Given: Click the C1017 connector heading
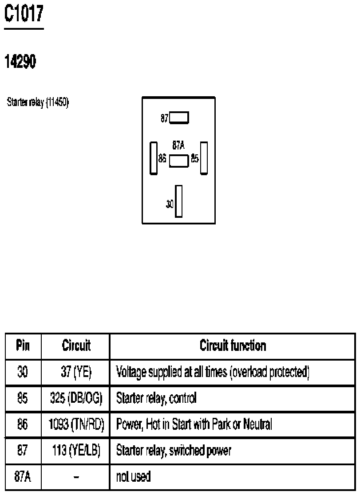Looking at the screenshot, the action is pyautogui.click(x=24, y=14).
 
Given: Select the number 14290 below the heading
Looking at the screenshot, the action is pyautogui.click(x=20, y=61).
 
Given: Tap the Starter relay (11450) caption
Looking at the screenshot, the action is pyautogui.click(x=38, y=102).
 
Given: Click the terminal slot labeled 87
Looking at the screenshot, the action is pyautogui.click(x=179, y=118).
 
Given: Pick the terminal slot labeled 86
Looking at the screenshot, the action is pyautogui.click(x=154, y=158).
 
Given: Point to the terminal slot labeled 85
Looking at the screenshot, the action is pyautogui.click(x=204, y=158).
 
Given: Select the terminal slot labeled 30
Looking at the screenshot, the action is pyautogui.click(x=179, y=201).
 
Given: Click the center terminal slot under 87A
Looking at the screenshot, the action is pyautogui.click(x=179, y=161).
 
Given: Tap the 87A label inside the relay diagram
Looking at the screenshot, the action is pyautogui.click(x=178, y=145).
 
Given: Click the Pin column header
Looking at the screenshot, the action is pyautogui.click(x=23, y=346).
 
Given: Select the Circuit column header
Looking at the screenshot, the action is pyautogui.click(x=76, y=346).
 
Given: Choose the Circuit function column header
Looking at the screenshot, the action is pyautogui.click(x=233, y=346).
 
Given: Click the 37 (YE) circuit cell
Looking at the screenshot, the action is pyautogui.click(x=76, y=372).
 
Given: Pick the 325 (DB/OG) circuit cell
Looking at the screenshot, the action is pyautogui.click(x=76, y=398).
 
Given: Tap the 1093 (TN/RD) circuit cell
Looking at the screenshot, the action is pyautogui.click(x=76, y=424).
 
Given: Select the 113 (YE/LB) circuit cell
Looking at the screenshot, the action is pyautogui.click(x=76, y=451).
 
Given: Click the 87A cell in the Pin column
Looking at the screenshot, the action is pyautogui.click(x=23, y=476).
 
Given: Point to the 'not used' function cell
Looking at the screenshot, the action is pyautogui.click(x=133, y=476).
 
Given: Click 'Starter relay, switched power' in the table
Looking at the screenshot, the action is pyautogui.click(x=174, y=451).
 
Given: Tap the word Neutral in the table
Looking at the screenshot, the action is pyautogui.click(x=257, y=424).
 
